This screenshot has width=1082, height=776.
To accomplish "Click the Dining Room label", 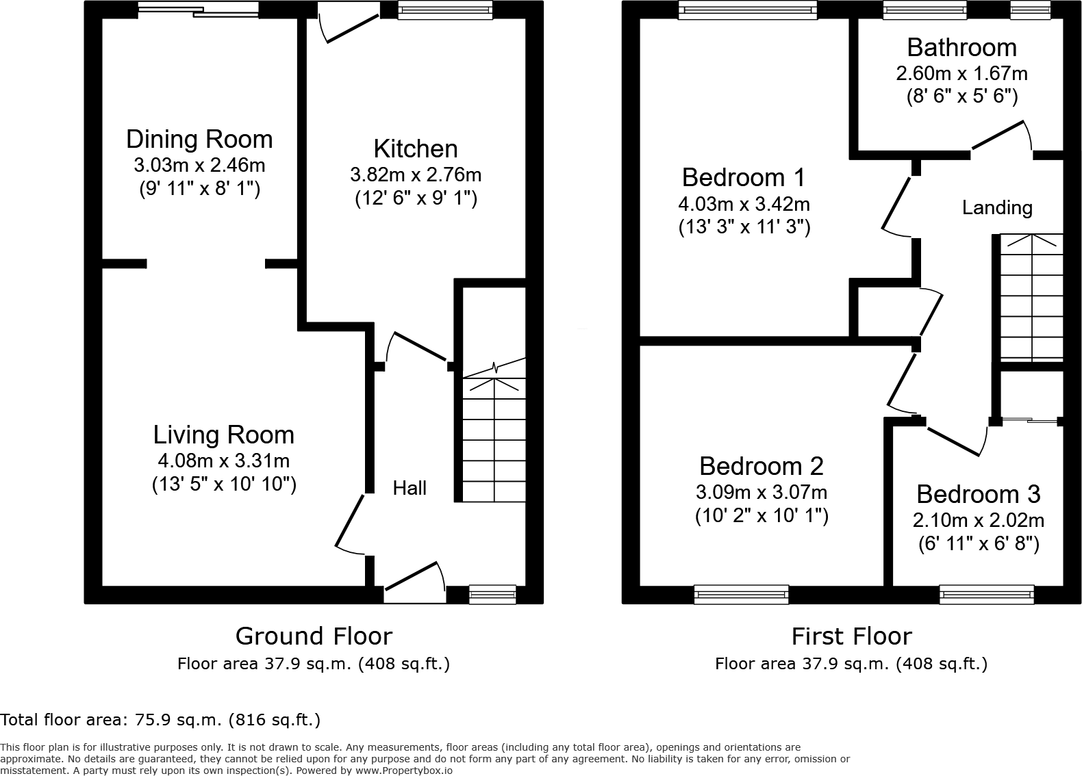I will [x=199, y=140].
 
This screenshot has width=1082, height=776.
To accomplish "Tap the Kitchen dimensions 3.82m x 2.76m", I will [x=416, y=175].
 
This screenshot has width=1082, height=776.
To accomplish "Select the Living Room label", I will [x=223, y=435].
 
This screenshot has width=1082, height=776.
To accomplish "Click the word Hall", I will [x=410, y=488].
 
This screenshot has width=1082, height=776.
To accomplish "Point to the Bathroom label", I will [x=961, y=48].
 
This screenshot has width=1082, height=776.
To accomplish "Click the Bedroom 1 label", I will [x=744, y=178].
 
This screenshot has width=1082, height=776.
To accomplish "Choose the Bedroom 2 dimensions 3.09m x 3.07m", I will [x=762, y=493].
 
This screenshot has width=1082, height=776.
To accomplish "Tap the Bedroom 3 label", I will [x=978, y=494].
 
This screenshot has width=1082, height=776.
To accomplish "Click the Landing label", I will [x=997, y=208].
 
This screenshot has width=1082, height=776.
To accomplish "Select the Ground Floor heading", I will [x=314, y=636].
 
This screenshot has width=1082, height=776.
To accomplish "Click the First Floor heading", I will [x=851, y=636].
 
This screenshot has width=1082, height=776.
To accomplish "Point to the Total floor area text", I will [x=160, y=720].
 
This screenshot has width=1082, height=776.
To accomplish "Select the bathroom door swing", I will [x=1001, y=135].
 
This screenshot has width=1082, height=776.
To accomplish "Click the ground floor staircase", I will [x=494, y=438].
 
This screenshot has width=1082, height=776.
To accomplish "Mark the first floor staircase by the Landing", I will [x=1031, y=298].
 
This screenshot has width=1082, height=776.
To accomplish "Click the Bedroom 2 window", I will [x=741, y=594].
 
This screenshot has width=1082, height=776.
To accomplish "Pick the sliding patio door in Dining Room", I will [x=199, y=10].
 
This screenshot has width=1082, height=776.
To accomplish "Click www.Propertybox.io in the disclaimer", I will [x=403, y=771].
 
